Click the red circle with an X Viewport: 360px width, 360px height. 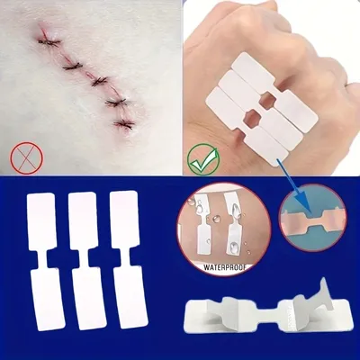27,158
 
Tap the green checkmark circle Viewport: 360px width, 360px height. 203,158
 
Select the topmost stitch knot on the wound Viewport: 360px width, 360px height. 49,42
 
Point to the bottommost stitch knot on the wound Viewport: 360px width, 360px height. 123,124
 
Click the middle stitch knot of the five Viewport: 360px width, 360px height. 99,81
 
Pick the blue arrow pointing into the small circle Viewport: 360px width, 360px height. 293,184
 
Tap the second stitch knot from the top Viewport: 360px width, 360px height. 73,66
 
